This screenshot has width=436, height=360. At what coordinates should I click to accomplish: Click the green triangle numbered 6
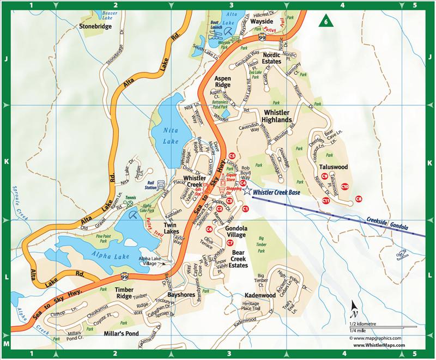(325, 22)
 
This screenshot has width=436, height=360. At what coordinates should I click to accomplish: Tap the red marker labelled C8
(358, 198)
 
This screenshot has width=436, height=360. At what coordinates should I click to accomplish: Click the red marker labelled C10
(344, 187)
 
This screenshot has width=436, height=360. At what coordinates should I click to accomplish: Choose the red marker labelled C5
(232, 155)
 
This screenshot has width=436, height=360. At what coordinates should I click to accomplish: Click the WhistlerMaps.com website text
(379, 345)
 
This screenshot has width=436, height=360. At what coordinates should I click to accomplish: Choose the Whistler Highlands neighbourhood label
(277, 114)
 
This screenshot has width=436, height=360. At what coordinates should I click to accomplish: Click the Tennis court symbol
(130, 204)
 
